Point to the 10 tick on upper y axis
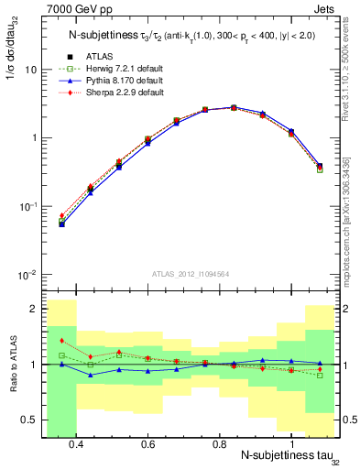30,70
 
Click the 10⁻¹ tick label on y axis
28,207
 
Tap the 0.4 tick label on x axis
76,444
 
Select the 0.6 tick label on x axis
147,444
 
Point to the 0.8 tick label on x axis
219,444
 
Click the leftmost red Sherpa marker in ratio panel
61,341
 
